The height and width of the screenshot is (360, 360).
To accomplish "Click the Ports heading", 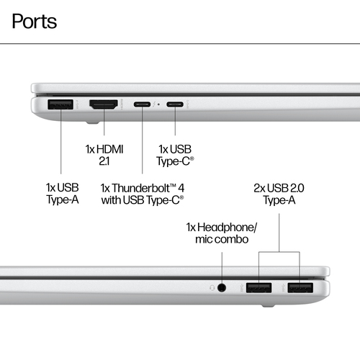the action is [35, 22].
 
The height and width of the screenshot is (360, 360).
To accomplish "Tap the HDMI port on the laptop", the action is [104, 104].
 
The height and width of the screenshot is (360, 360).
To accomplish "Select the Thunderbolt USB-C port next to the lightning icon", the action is [142, 104].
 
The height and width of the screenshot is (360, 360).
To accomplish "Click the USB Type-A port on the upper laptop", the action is [60, 104].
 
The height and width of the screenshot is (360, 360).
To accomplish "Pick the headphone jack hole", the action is [222, 287].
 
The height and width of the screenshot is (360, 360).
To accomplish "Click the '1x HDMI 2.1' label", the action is [104, 156].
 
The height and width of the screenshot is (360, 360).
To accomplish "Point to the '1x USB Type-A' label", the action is [63, 194].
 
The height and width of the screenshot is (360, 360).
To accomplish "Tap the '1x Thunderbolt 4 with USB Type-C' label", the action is [143, 194].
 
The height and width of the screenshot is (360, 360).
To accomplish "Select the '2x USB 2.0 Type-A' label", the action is [279, 194].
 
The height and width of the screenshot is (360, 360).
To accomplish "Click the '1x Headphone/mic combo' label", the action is [222, 233].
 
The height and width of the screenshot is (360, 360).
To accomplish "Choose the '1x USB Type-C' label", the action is [175, 156].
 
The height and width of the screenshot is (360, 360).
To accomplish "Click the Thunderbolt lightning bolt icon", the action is [154, 104].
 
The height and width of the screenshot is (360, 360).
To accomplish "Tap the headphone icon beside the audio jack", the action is [212, 287].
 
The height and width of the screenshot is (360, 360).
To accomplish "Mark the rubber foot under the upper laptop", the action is [93, 122].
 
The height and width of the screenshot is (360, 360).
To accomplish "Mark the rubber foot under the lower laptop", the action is [268, 306].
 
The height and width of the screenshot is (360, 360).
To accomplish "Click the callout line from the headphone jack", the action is [222, 269].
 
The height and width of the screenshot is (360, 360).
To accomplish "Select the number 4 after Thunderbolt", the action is [181, 188].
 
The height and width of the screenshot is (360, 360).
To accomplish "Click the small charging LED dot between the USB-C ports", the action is [158, 104].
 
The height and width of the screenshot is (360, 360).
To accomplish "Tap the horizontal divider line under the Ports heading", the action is [180, 44].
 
